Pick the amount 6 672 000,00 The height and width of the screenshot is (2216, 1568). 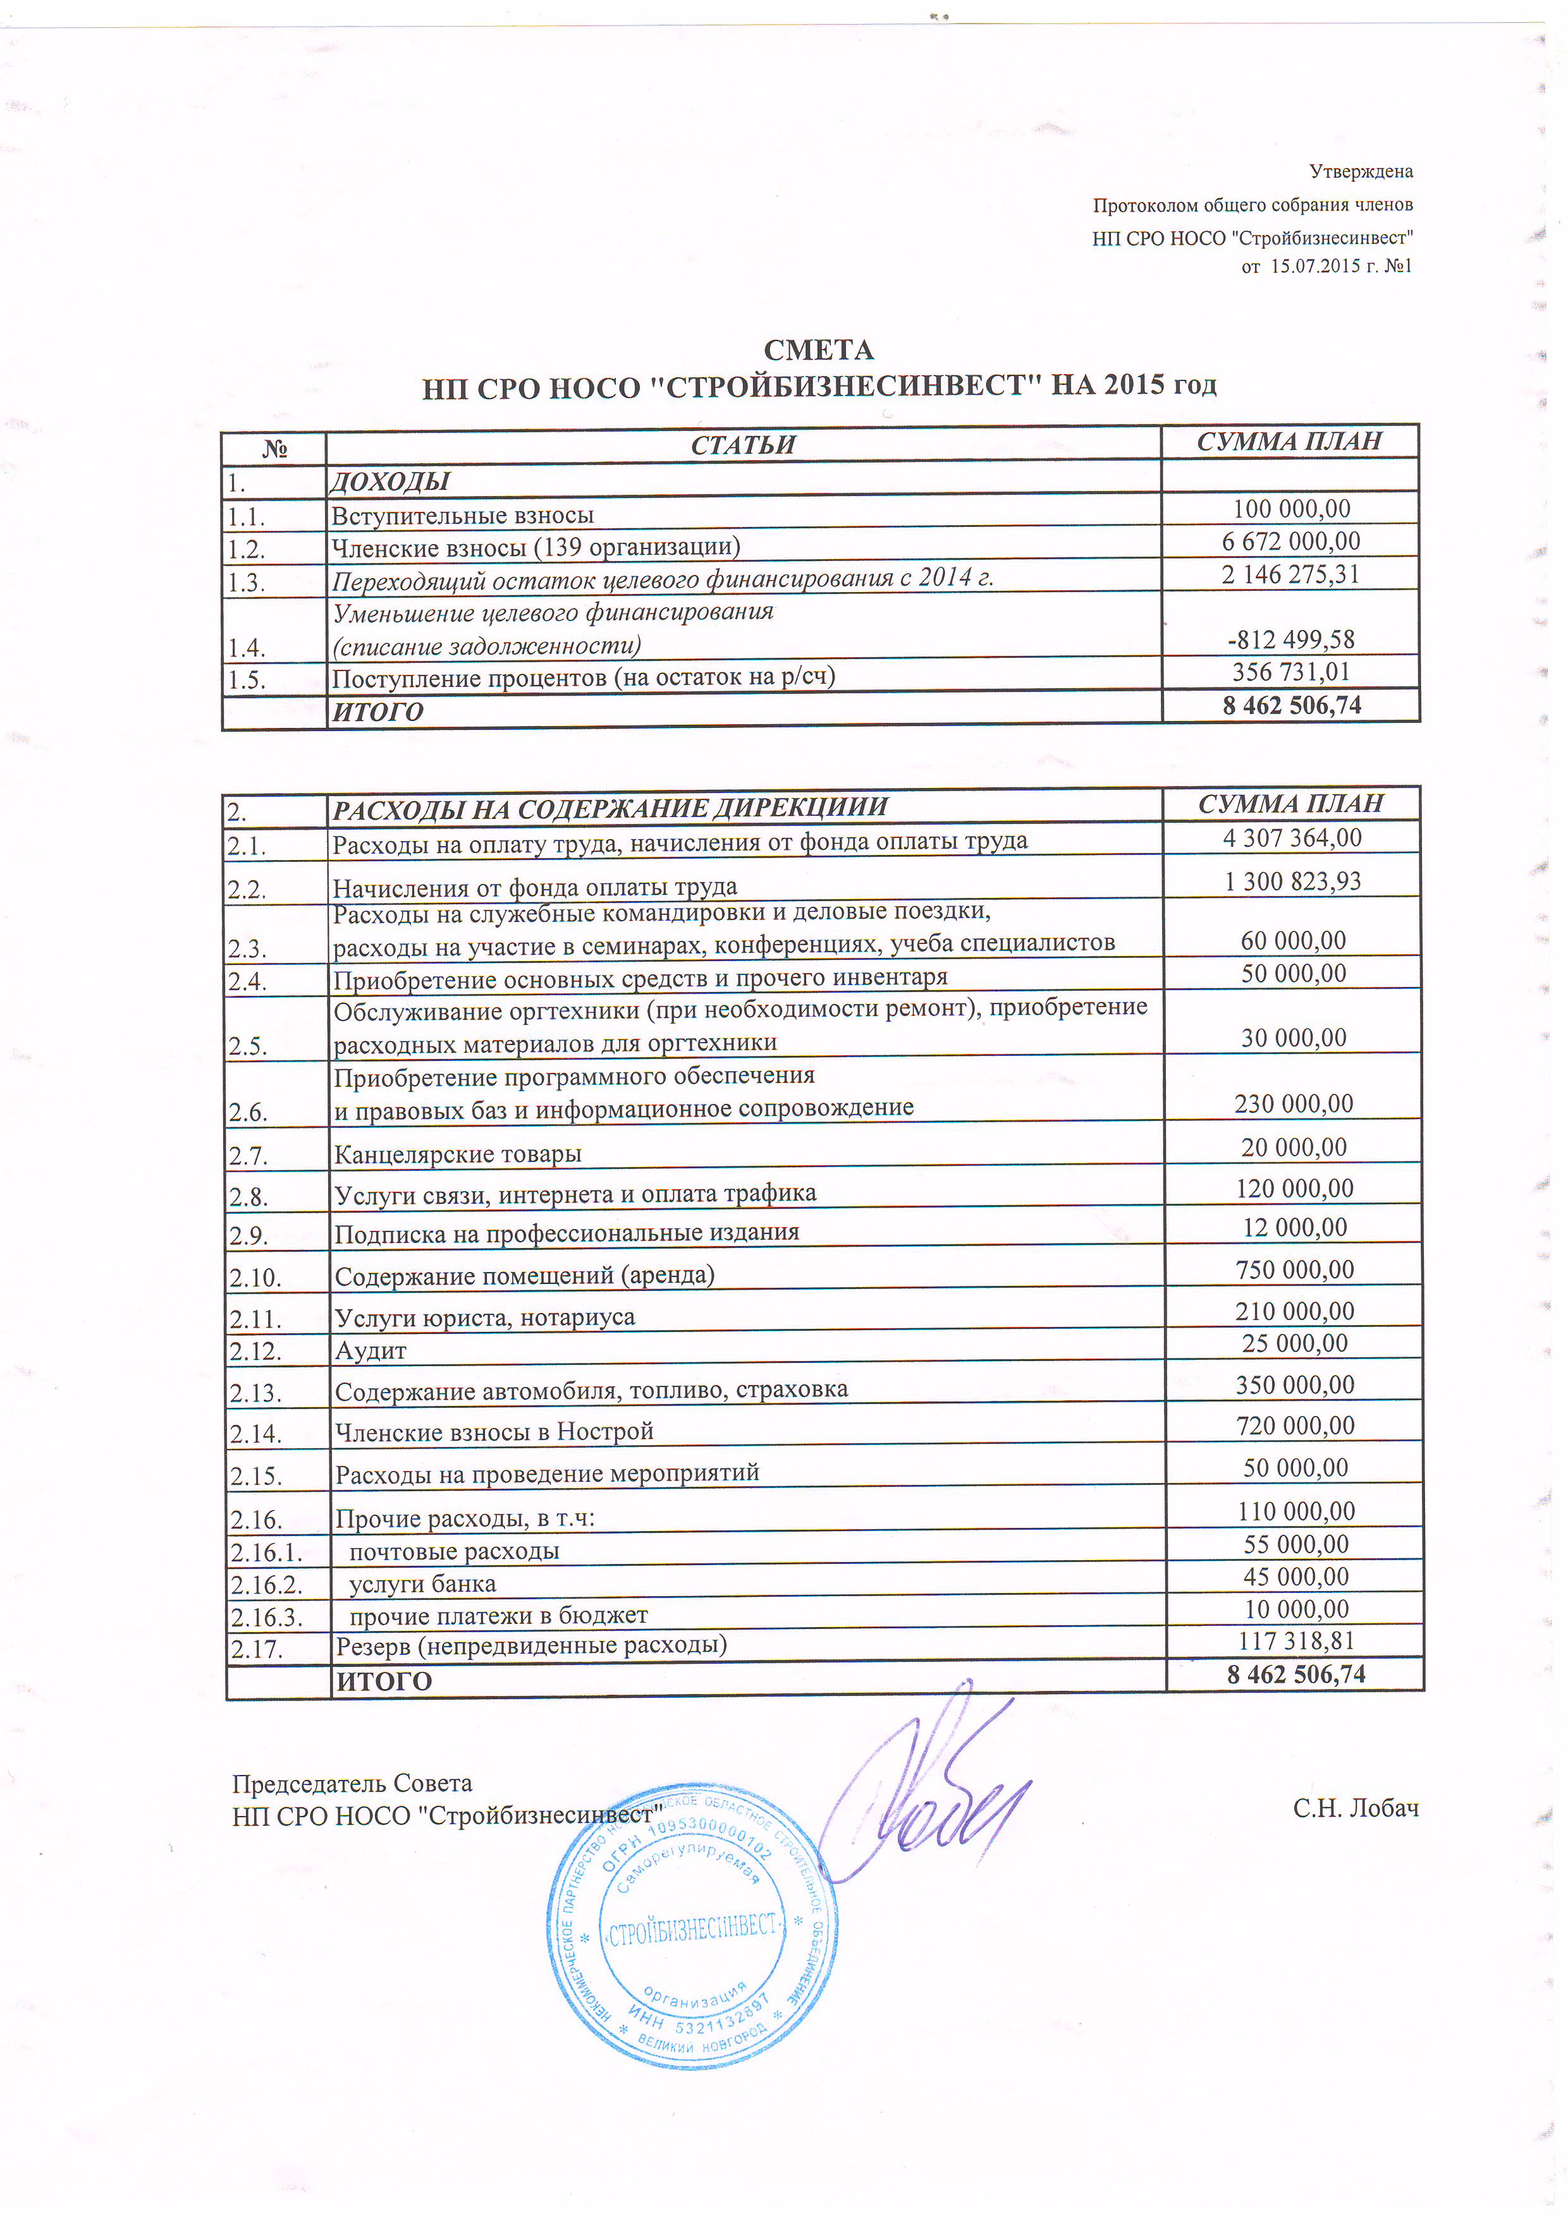point(1291,542)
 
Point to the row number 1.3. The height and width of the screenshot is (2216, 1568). point(248,582)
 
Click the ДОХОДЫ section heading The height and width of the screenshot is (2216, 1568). point(390,481)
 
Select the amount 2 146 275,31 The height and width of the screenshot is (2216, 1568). point(1291,574)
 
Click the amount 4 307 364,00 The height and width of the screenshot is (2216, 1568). point(1292,838)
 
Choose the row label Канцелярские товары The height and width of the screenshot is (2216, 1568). point(458,1154)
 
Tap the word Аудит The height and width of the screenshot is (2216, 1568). point(370,1351)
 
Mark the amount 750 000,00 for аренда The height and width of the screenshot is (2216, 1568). point(1295,1269)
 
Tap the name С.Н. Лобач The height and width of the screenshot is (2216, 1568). point(1356,1808)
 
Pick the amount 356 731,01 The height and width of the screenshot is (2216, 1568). point(1291,672)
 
